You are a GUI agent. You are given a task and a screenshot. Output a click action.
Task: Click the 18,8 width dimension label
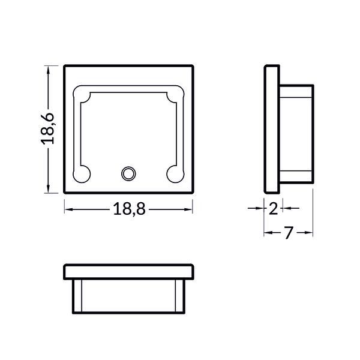point(129,209)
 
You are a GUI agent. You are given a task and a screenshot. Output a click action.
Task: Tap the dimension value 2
point(274,209)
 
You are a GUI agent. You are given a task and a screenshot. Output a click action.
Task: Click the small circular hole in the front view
point(128,173)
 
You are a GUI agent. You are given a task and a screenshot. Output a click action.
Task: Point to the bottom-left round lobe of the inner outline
point(81,173)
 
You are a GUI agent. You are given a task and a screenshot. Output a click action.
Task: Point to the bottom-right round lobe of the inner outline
point(175,173)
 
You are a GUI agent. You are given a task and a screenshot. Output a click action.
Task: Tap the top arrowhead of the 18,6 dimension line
point(49,68)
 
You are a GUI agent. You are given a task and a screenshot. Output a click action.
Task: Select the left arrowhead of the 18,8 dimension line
point(68,209)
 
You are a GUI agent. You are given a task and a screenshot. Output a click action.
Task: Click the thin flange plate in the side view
point(272,128)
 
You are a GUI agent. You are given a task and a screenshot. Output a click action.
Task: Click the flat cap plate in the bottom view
point(129,272)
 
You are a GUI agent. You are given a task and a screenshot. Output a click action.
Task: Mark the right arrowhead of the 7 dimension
point(310,232)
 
